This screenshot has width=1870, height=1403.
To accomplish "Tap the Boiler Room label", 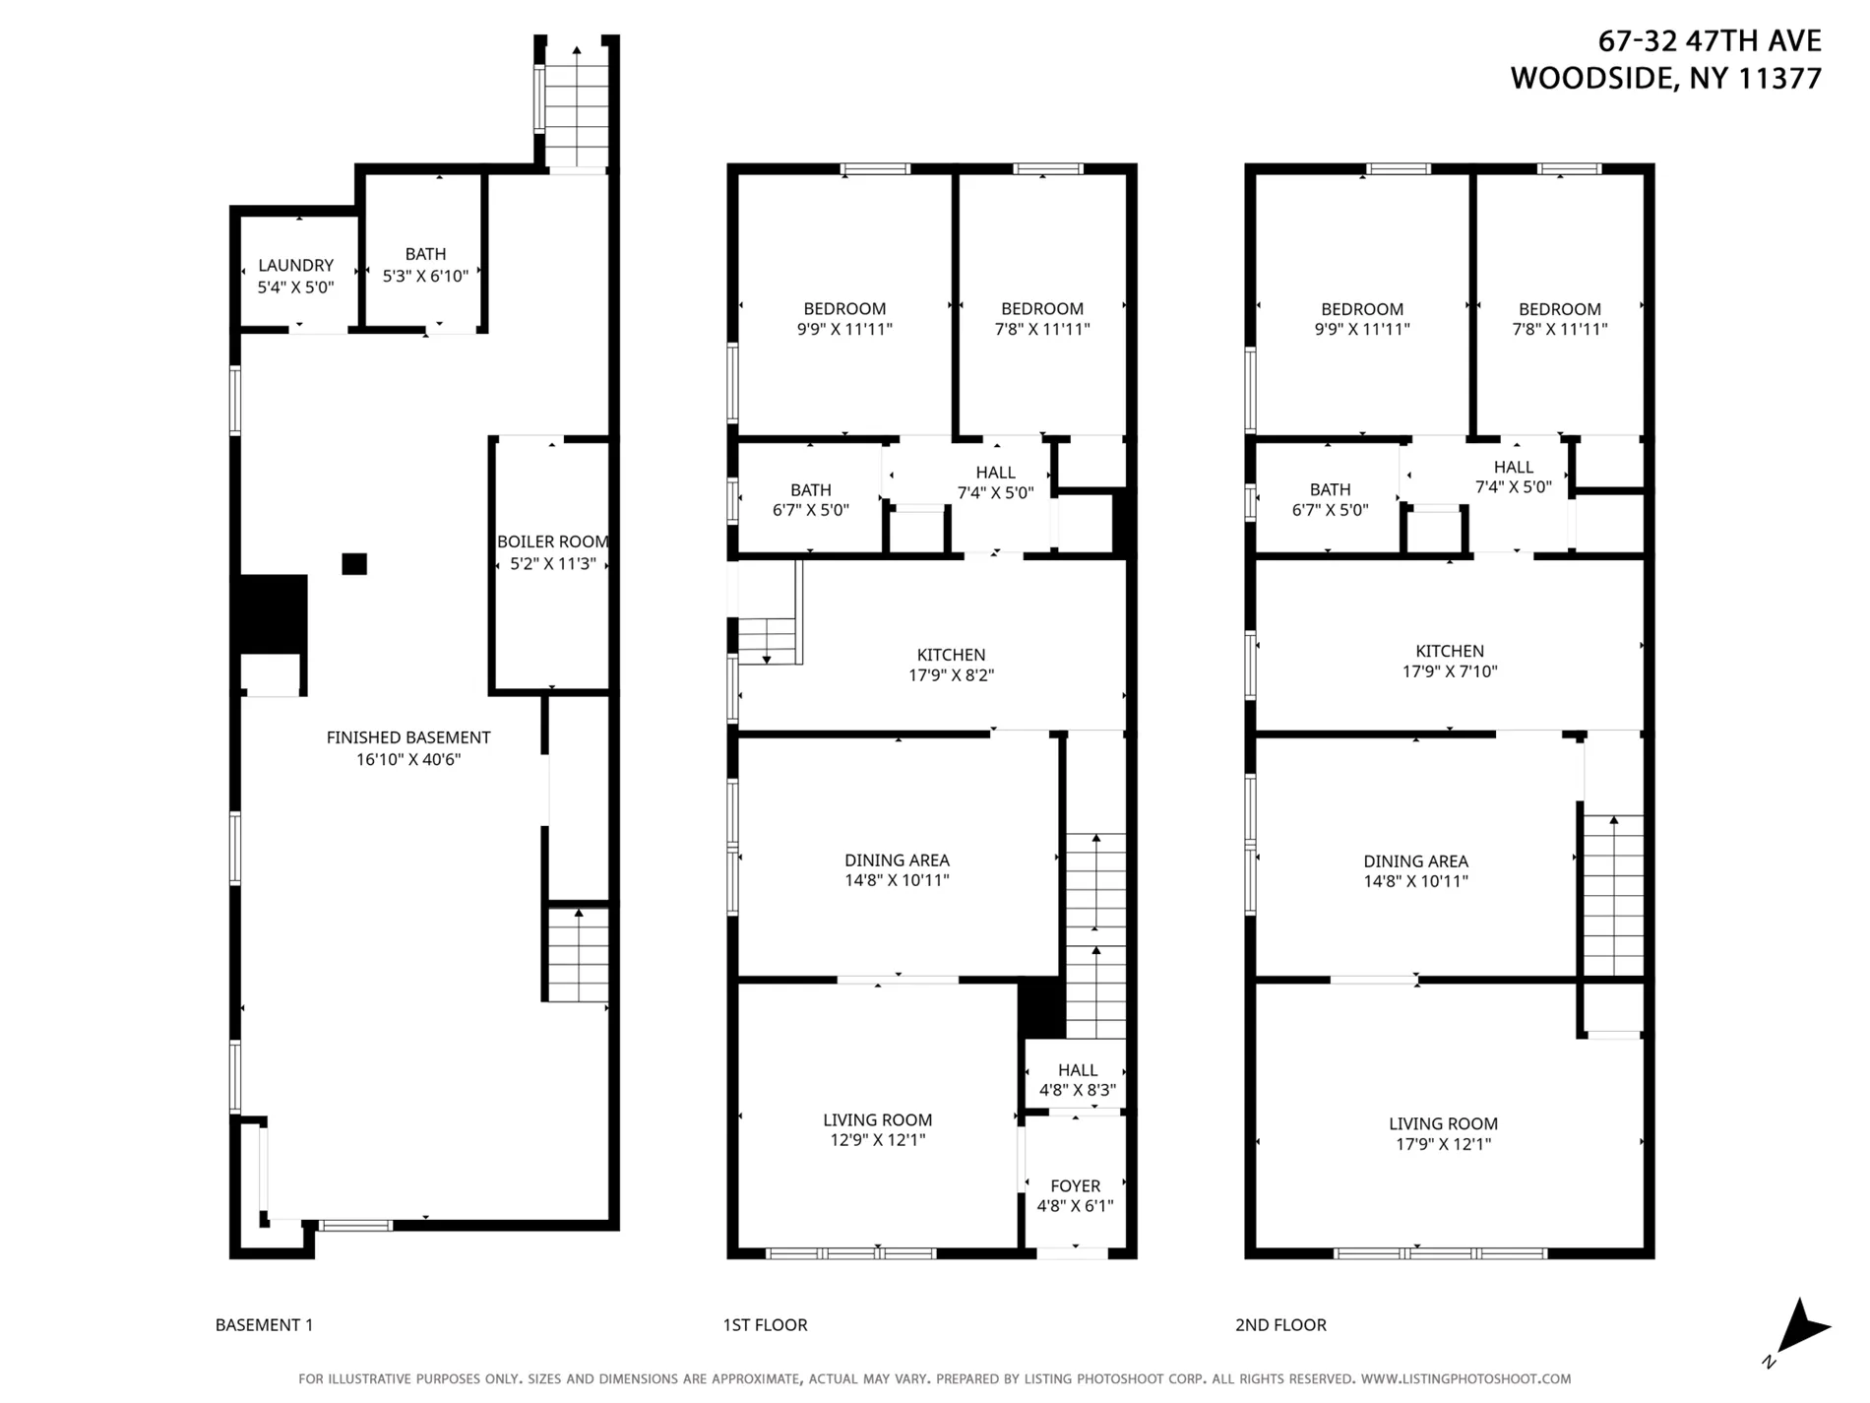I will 552,542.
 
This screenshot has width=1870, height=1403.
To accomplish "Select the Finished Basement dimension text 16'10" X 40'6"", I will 408,760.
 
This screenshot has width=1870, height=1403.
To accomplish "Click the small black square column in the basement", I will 354,564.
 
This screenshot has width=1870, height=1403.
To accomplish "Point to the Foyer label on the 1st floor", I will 1075,1186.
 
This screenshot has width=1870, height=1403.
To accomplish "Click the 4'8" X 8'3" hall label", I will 1077,1090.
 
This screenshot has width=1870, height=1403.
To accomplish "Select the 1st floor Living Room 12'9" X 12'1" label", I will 877,1130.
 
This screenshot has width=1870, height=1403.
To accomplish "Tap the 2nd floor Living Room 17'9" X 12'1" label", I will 1443,1134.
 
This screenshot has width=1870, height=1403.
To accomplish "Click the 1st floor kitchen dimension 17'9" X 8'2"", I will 951,675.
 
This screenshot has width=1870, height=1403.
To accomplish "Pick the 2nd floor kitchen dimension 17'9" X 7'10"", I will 1450,671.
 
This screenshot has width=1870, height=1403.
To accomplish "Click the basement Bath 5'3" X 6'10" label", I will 425,265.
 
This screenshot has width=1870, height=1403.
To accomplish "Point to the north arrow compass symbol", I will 1801,1329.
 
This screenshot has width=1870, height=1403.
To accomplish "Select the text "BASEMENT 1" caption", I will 264,1325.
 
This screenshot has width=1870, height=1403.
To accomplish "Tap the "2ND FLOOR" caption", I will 1280,1325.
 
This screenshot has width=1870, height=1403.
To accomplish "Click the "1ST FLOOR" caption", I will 765,1325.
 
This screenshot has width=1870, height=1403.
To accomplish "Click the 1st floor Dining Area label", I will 897,861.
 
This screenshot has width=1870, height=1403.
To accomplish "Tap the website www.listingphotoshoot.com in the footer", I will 1465,1379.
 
